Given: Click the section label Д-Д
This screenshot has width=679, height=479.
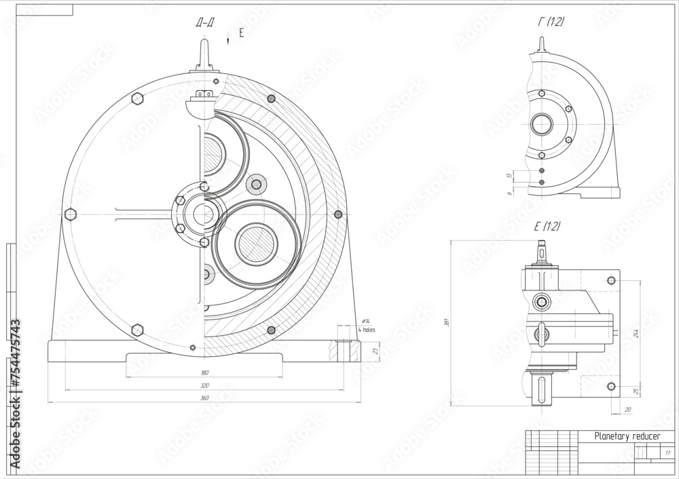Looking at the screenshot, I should [204, 23].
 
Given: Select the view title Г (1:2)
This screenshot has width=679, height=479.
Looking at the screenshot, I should [551, 22].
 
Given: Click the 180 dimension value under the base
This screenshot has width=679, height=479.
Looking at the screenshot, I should [204, 372].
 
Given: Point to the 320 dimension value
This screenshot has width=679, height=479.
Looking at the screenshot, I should [204, 385].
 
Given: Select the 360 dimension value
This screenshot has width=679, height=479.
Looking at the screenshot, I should [204, 398].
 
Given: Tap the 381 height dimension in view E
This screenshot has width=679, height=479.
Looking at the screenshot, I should [446, 323].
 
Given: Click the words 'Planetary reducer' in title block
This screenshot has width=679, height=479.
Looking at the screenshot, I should [626, 437].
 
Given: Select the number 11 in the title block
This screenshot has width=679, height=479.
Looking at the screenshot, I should [667, 453].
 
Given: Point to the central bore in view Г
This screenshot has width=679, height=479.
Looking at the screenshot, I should [542, 124].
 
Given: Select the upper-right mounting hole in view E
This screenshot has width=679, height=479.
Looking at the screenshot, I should [611, 280].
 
